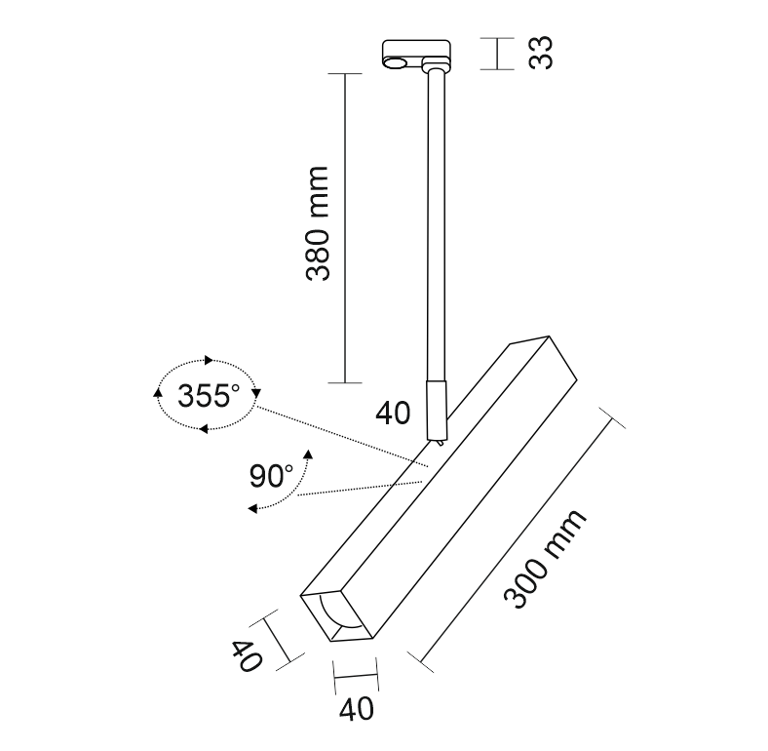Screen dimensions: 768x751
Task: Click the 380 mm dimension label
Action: [317, 223]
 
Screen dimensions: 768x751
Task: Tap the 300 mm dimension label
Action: [545, 558]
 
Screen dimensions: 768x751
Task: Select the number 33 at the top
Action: [541, 53]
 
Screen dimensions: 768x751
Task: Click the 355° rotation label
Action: [209, 396]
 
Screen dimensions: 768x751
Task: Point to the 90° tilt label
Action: [271, 476]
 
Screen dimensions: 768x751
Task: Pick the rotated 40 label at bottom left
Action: [247, 655]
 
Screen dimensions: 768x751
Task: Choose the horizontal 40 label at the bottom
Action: [357, 709]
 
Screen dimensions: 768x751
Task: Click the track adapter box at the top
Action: [416, 53]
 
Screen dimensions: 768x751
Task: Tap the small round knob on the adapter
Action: [395, 62]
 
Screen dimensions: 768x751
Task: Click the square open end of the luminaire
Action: [337, 615]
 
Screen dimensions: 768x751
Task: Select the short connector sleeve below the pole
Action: [436, 410]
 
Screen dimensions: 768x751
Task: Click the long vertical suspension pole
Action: [436, 224]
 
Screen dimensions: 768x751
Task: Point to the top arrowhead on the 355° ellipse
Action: [209, 360]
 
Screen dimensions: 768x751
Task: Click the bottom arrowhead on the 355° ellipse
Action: [204, 428]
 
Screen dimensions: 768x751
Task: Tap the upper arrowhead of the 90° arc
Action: [308, 453]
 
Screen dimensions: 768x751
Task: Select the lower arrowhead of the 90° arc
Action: [252, 508]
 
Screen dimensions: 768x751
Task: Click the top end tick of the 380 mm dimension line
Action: [345, 73]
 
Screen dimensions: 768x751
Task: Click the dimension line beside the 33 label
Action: [497, 54]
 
